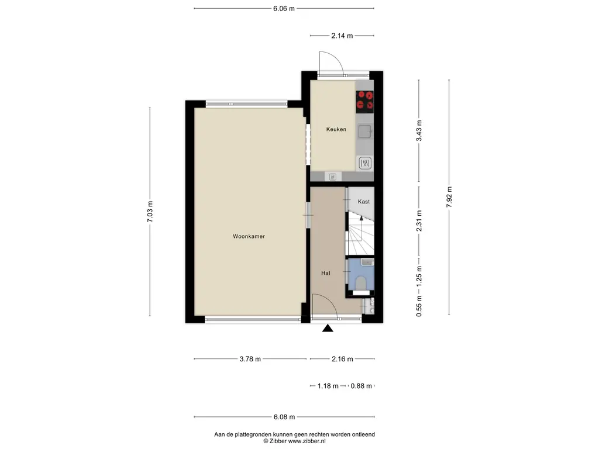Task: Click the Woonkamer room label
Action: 249,236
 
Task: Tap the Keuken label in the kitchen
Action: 336,129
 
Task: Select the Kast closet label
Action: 364,202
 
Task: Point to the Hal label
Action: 325,273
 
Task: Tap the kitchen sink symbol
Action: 365,132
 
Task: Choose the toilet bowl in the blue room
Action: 361,283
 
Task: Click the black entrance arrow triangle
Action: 328,328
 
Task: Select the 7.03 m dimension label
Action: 150,212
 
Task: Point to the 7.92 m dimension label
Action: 449,197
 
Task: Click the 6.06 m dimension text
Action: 284,8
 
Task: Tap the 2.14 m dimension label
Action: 342,36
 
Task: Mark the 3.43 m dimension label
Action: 419,130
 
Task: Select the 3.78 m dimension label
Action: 250,359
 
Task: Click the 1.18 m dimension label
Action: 328,386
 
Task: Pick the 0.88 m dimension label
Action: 361,386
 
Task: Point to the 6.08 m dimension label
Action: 284,417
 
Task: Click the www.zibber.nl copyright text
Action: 307,441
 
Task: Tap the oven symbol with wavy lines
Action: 365,164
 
